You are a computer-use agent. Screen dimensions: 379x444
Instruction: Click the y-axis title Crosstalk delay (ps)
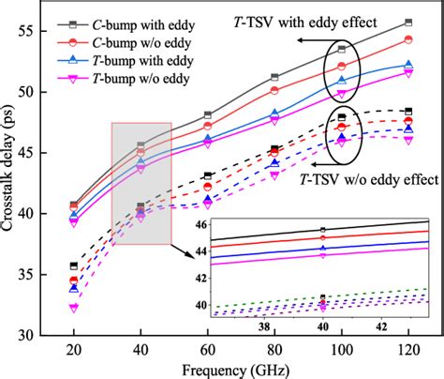[x=12, y=178]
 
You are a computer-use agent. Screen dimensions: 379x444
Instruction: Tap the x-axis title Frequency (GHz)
[x=240, y=369]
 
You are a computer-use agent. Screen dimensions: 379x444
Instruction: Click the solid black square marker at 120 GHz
[x=407, y=22]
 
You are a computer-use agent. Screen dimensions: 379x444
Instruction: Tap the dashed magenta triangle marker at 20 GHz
[x=74, y=307]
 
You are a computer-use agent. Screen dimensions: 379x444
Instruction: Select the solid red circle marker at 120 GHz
[x=407, y=39]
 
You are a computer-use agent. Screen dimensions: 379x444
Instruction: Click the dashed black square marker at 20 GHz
[x=74, y=266]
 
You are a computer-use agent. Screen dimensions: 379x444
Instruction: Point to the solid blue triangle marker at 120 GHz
[x=407, y=65]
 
